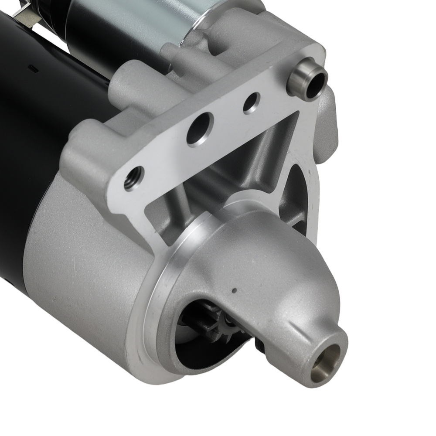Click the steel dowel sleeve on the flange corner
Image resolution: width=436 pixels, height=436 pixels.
(x=307, y=80)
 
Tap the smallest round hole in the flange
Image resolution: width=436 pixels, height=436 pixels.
(x=252, y=103)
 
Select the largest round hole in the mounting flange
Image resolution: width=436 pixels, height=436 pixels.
(x=200, y=129)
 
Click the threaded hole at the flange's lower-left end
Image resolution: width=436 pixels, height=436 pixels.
(x=134, y=177)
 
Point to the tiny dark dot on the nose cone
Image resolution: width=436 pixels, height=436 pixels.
(x=234, y=290)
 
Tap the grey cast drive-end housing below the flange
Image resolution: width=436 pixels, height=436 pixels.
(x=78, y=270)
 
